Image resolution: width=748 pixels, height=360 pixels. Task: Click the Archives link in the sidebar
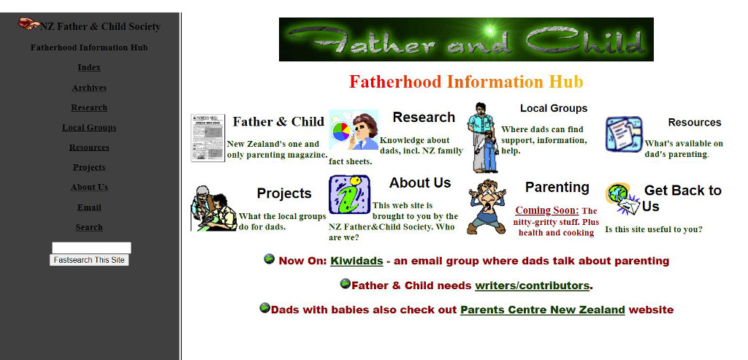point(89,88)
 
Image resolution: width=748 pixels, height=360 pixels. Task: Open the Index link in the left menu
point(89,68)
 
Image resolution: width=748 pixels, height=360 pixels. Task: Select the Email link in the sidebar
point(89,207)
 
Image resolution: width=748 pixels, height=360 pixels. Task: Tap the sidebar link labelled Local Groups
point(89,128)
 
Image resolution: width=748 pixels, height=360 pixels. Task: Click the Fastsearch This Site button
point(89,260)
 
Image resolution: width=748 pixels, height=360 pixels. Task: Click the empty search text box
point(91,248)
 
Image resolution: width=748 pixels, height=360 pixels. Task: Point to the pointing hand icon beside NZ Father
point(28,23)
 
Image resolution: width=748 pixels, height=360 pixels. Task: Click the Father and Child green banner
point(466,39)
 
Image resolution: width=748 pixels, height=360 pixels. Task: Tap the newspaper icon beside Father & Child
point(208,138)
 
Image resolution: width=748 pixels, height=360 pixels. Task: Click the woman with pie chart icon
point(354,130)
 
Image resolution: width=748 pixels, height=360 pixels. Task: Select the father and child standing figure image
point(483,138)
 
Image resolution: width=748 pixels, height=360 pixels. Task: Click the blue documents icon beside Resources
point(624,134)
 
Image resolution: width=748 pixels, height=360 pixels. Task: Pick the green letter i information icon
point(349,194)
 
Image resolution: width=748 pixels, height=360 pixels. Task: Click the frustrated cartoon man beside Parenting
point(486,207)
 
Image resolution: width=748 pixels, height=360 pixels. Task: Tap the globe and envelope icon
point(623,199)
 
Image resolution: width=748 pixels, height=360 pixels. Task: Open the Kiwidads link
point(356,261)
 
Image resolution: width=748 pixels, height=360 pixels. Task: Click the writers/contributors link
point(533,286)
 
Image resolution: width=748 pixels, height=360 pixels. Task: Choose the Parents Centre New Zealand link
point(543,310)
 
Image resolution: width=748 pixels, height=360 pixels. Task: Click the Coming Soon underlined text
point(546,210)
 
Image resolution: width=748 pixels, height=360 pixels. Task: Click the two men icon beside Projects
point(214,208)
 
